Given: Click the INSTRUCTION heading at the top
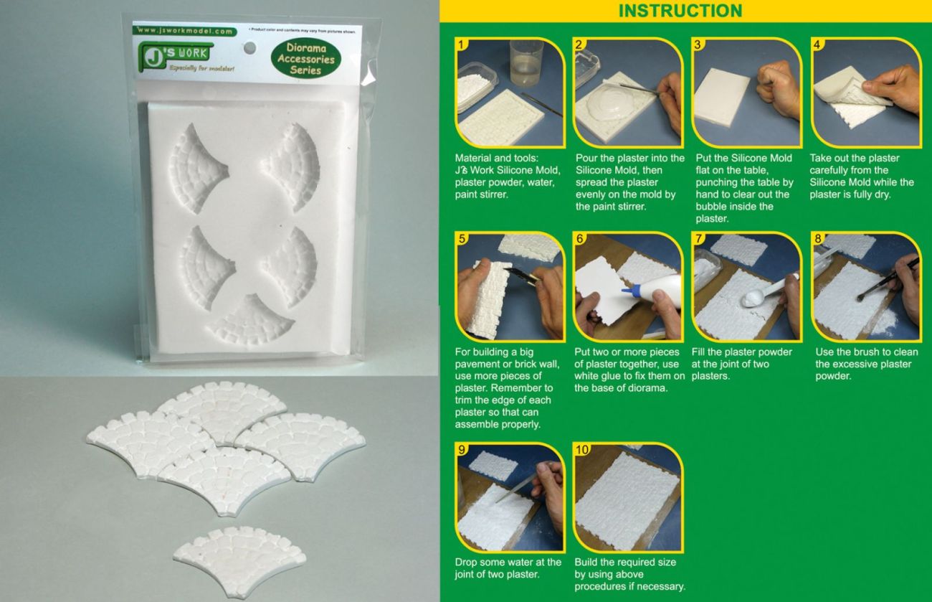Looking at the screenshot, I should [680, 11].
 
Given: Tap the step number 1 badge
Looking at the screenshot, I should [463, 44].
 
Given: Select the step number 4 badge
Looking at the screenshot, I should [817, 44].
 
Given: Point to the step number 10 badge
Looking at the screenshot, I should [582, 450].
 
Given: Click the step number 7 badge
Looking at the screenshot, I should [699, 238].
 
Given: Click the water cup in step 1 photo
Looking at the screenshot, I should [526, 64].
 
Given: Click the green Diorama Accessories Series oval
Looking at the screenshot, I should [306, 59].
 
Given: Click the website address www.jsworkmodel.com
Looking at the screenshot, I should [184, 32].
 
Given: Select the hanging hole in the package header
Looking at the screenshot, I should [249, 47].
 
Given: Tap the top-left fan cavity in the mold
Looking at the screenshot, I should [196, 167].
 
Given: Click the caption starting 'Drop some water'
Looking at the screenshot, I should [508, 568].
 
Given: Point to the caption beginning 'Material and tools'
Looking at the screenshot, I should [508, 176].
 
